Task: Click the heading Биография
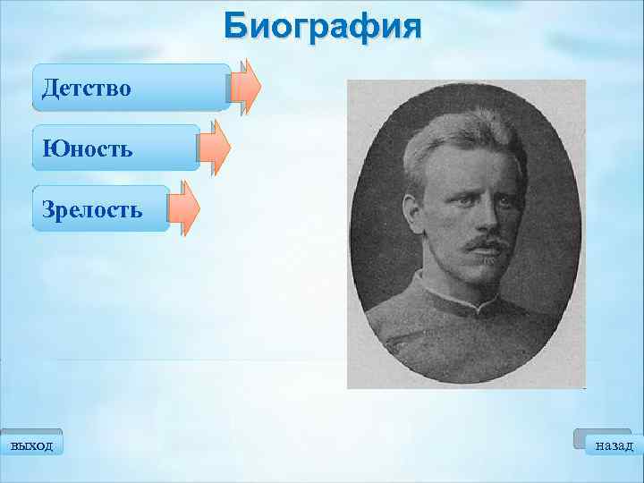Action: pos(322,25)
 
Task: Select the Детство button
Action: pos(131,88)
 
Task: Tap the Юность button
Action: pos(114,148)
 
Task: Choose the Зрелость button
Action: pos(100,209)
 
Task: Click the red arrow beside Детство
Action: pos(245,87)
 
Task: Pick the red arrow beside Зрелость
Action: pos(184,208)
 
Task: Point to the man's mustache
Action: pos(478,241)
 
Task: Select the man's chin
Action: pos(479,273)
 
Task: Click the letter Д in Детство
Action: pos(49,88)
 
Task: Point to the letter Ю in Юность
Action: pos(51,148)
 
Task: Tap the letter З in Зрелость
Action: pos(48,210)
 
